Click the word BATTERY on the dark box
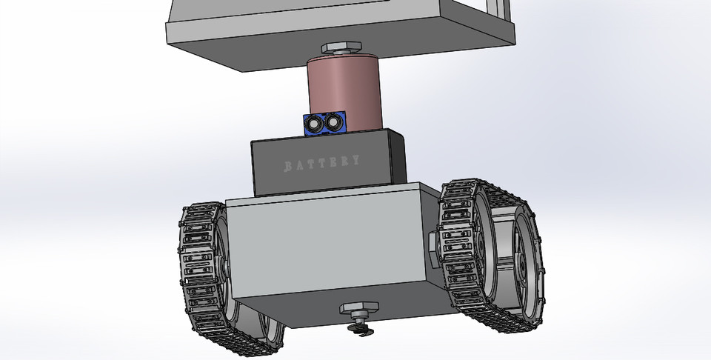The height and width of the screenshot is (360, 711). (323, 162)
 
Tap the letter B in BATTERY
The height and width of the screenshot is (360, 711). (289, 164)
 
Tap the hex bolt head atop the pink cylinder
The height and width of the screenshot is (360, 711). (344, 49)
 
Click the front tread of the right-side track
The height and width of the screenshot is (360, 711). (461, 244)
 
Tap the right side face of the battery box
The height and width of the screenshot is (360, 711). (398, 159)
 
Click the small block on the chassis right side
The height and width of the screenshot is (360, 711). (434, 244)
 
